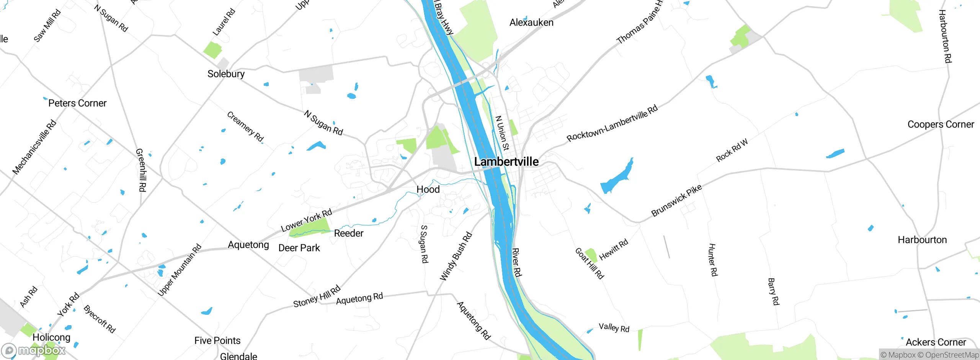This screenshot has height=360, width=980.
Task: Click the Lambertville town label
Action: click(506, 162)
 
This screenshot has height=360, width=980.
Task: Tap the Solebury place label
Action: click(226, 74)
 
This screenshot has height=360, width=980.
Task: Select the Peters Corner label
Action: click(77, 103)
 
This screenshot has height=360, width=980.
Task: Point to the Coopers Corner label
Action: click(941, 124)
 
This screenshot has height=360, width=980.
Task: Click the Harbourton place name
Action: click(922, 240)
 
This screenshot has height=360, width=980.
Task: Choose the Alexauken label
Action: click(531, 23)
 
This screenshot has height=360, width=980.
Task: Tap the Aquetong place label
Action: click(248, 245)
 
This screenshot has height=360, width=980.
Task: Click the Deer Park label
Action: click(299, 248)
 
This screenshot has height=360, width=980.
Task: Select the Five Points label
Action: click(217, 341)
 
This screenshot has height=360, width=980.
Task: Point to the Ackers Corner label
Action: click(936, 342)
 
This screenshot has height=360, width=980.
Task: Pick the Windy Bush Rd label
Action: click(456, 257)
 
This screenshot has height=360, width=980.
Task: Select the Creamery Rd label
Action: click(245, 127)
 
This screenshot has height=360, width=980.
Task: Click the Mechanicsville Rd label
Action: click(34, 147)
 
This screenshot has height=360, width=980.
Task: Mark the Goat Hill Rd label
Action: click(590, 263)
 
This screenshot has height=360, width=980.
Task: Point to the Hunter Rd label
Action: click(712, 260)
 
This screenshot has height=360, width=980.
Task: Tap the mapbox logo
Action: click(34, 350)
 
